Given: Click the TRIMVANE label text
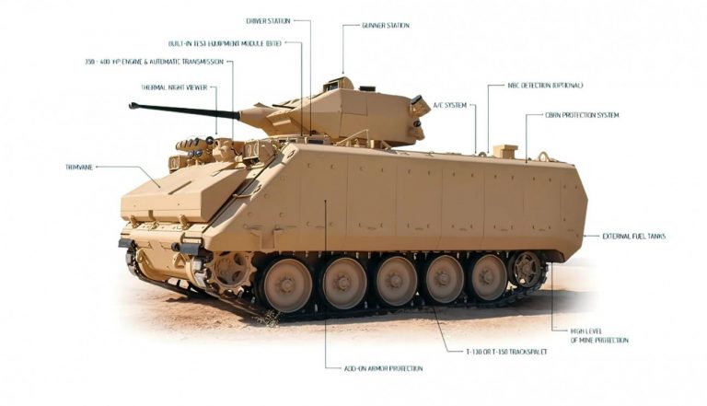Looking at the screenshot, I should [x=78, y=167].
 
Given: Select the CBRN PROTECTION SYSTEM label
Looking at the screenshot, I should [x=584, y=115].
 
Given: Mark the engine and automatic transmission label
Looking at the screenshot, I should [x=154, y=62].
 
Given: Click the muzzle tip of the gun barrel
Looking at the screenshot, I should [x=133, y=106].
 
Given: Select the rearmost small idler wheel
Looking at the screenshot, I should [x=527, y=269].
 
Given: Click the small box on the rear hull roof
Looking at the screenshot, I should [x=504, y=151].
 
